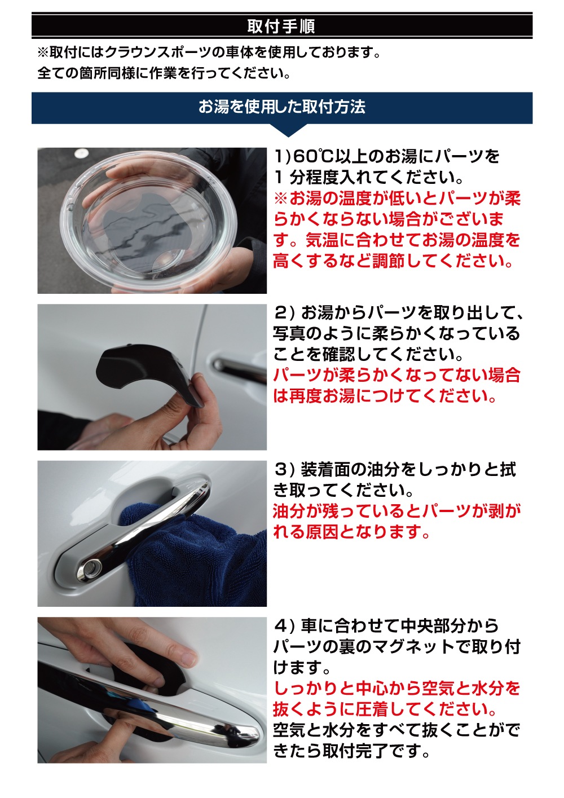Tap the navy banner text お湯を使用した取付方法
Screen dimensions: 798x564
[281, 107]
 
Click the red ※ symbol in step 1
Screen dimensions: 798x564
[280, 199]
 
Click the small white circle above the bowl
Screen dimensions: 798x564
[81, 154]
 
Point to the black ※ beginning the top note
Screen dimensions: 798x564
[43, 53]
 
